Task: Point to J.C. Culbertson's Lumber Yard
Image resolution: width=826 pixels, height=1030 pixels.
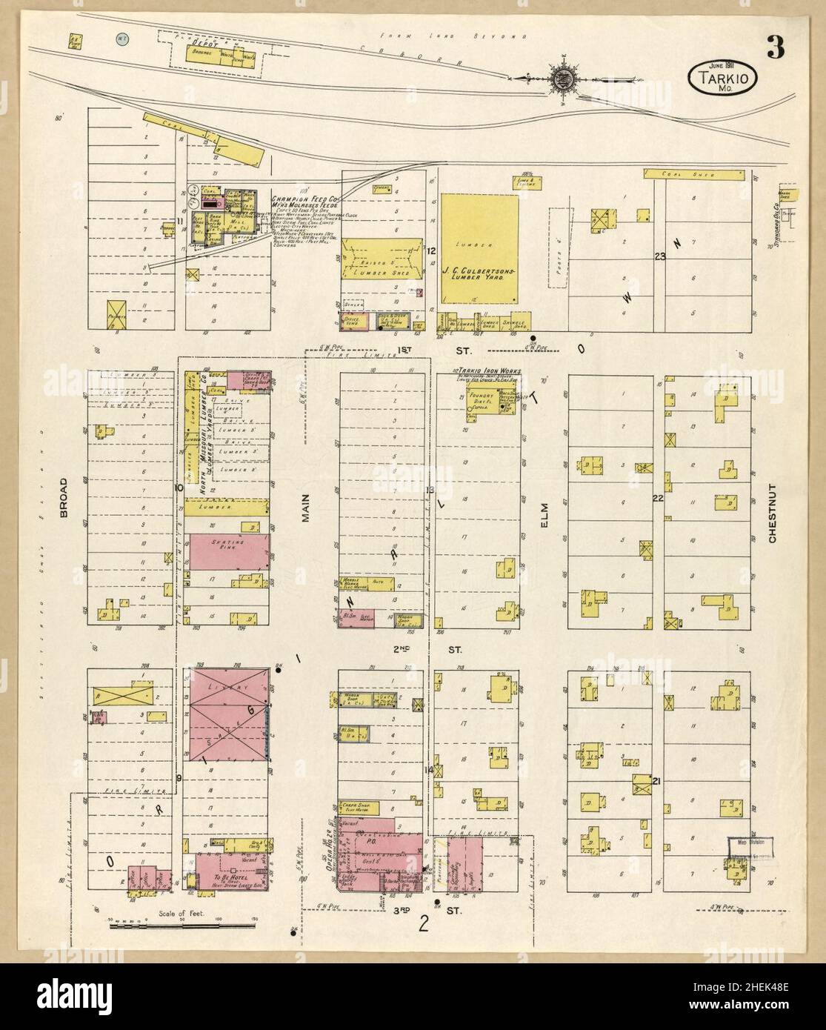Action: [479, 249]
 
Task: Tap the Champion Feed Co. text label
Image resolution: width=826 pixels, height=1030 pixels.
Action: [304, 200]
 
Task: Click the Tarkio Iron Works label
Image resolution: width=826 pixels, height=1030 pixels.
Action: [489, 370]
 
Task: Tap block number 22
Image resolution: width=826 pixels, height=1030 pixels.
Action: [656, 497]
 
